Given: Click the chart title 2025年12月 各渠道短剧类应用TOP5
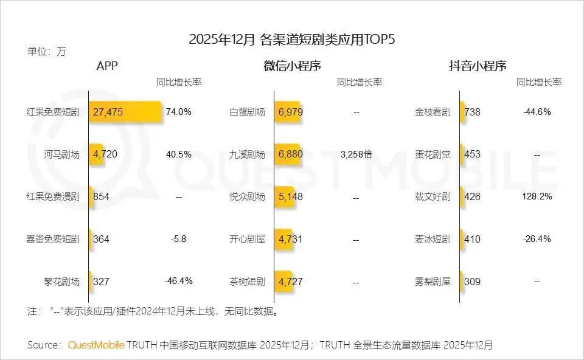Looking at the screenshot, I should [x=292, y=40].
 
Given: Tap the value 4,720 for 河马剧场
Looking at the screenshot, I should [x=105, y=154].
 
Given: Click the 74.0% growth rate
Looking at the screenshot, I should [x=179, y=112].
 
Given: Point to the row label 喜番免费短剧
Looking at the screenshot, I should [x=53, y=239].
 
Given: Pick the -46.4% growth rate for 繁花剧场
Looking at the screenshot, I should [x=179, y=281].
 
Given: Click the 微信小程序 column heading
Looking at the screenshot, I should [x=292, y=66].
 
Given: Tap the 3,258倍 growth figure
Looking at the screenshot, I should [x=356, y=154].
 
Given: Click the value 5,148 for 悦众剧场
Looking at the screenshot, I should [x=290, y=197].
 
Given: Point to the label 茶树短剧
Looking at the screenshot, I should [x=248, y=282].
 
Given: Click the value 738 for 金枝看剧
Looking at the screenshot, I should [x=472, y=112].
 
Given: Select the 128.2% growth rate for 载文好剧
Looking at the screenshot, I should [x=537, y=196].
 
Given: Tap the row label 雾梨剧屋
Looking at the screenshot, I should [x=433, y=282].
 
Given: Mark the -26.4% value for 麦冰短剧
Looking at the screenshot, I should [x=537, y=239].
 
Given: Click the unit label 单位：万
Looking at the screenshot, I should [x=46, y=52].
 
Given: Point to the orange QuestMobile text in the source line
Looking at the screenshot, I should [x=96, y=345].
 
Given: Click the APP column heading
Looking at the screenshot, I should [x=107, y=66].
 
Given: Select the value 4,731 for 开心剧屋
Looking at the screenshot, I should [x=290, y=239].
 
